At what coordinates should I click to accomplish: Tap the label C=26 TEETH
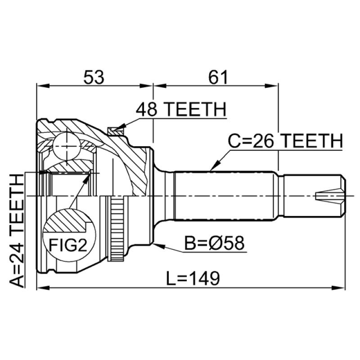285,141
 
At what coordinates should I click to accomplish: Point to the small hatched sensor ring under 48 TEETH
115,131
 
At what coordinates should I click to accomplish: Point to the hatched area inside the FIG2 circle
67,223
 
